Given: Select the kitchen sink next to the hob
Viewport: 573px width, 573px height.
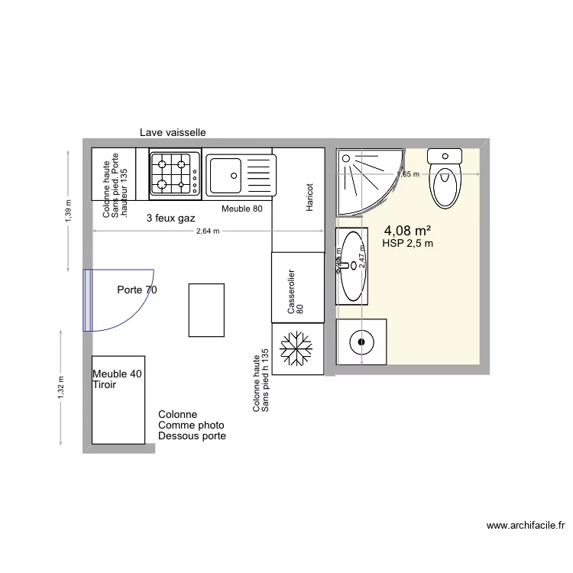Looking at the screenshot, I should coord(239,174).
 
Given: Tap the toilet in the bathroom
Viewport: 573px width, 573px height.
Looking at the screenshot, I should coord(445,179).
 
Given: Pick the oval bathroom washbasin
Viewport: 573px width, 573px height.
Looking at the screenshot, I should coord(352,266).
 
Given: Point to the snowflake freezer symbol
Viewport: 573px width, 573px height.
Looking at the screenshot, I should coord(296,349).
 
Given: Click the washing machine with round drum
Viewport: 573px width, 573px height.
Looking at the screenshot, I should coord(361,343).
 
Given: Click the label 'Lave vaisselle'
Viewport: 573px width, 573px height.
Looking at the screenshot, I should coord(172,132).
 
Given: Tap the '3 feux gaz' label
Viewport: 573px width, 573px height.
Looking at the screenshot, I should coord(170,218).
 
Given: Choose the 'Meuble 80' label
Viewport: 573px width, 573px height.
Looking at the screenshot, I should coord(241,209).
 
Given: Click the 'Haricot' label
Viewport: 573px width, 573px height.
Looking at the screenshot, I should coord(309,197).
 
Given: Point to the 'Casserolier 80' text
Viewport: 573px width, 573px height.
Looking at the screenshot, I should coord(295,293).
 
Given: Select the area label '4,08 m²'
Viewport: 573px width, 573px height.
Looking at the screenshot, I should coord(407,230).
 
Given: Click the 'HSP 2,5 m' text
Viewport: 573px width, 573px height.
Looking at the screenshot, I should coord(407,244).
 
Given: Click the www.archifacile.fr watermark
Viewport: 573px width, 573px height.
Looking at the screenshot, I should coord(525,526).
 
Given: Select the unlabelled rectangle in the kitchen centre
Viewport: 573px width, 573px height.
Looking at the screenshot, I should coord(206,309).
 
